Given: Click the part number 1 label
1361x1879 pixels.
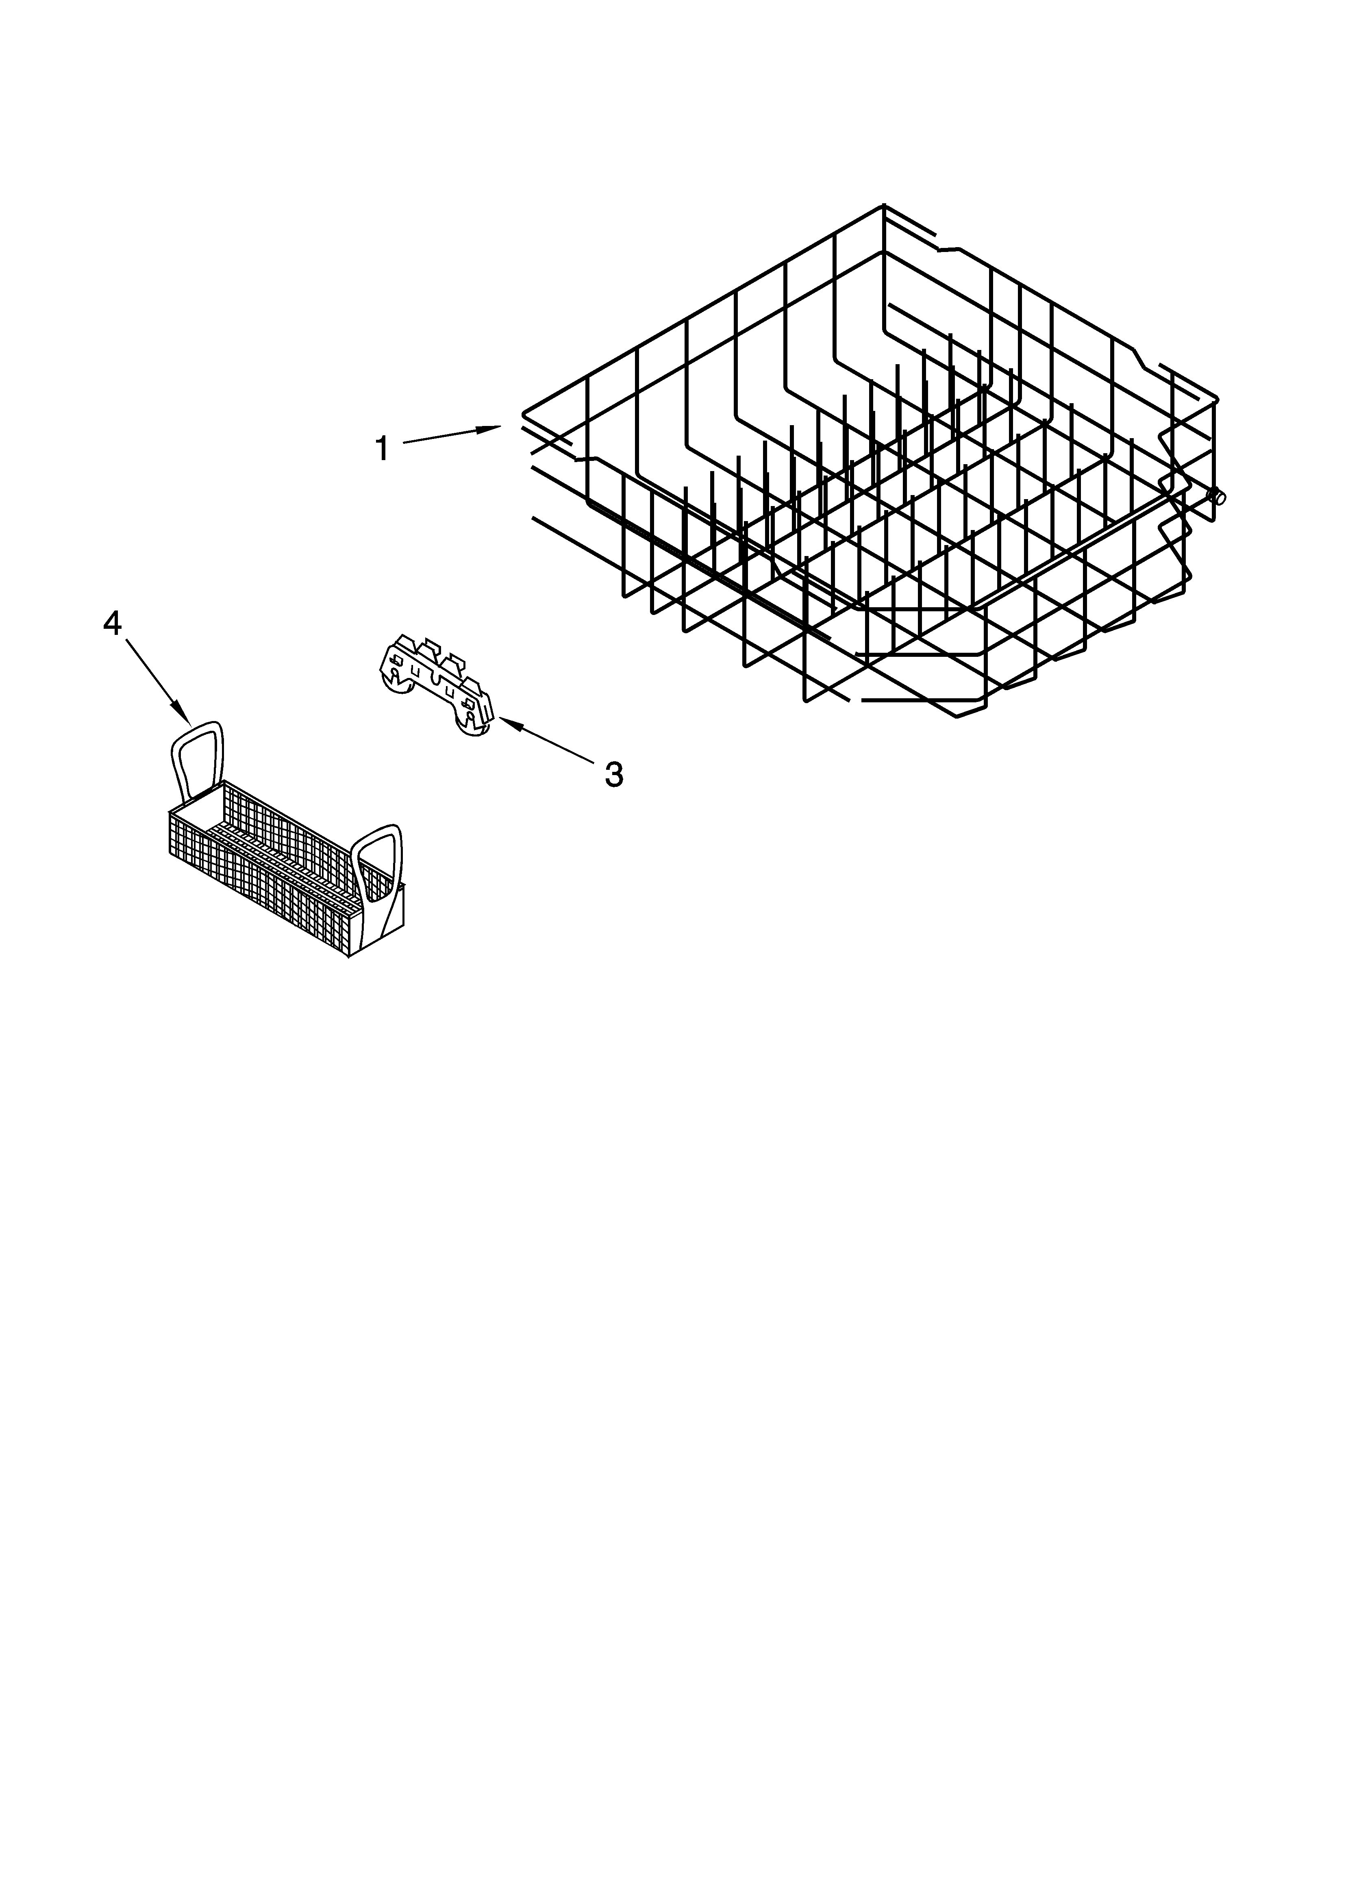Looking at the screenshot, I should pyautogui.click(x=381, y=449).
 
